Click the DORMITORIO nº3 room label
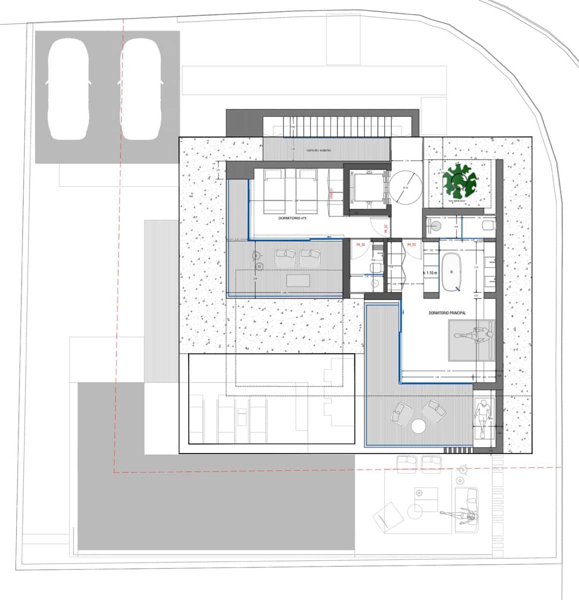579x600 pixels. click(x=292, y=219)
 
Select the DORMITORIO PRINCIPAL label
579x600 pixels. click(x=447, y=313)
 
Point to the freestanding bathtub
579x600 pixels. click(x=452, y=271)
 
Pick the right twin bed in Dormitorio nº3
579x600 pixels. click(x=306, y=190)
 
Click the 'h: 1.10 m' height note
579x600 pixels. click(x=429, y=273)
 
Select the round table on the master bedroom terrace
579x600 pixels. click(x=418, y=426)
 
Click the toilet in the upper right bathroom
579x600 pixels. click(x=488, y=224)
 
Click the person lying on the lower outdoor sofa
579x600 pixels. click(x=462, y=516)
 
